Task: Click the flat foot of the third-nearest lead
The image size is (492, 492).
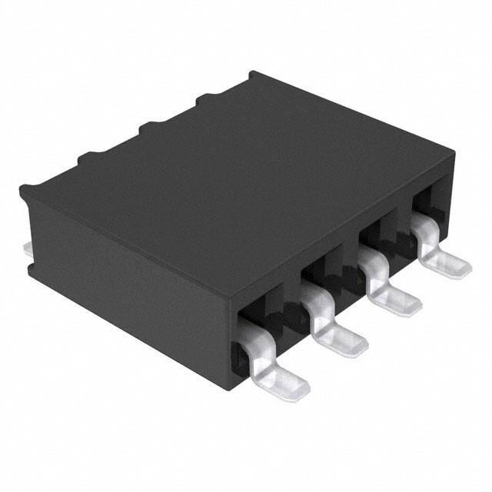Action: coord(399,299)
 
